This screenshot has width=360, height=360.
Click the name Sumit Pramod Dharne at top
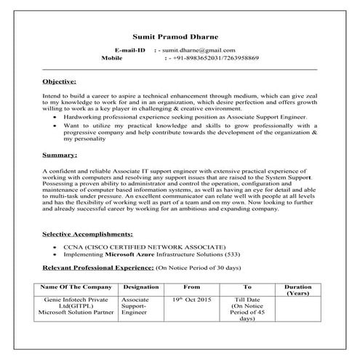point(180,36)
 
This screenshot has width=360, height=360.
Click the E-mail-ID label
point(130,49)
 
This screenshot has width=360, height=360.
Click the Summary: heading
point(57,156)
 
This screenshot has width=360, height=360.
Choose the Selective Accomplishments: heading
point(87,235)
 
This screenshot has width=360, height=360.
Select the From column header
point(192,287)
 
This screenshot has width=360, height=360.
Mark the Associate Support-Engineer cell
point(136,305)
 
